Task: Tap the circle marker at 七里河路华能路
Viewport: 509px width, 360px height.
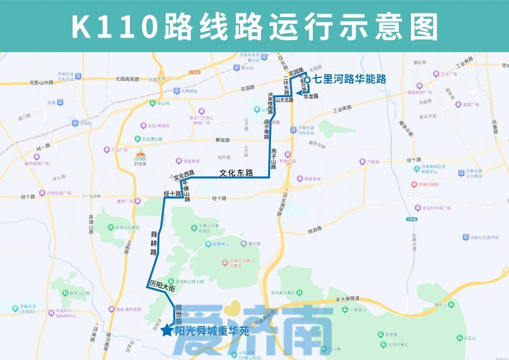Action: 307,80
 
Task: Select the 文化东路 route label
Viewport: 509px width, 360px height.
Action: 236,173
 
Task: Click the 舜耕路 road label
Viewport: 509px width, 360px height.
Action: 154,243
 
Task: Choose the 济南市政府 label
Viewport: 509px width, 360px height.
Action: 428,185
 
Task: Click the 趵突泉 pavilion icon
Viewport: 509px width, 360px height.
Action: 140,154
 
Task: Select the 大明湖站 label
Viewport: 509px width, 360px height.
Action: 189,91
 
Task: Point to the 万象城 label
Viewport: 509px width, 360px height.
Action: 372,162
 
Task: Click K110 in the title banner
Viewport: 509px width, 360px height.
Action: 114,27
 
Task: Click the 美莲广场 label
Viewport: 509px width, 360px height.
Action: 470,105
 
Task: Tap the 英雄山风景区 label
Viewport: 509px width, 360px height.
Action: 127,228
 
